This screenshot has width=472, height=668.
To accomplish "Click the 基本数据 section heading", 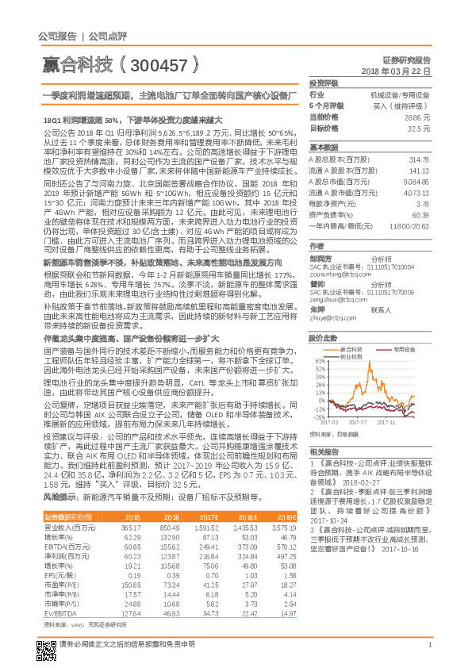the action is [323, 148].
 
